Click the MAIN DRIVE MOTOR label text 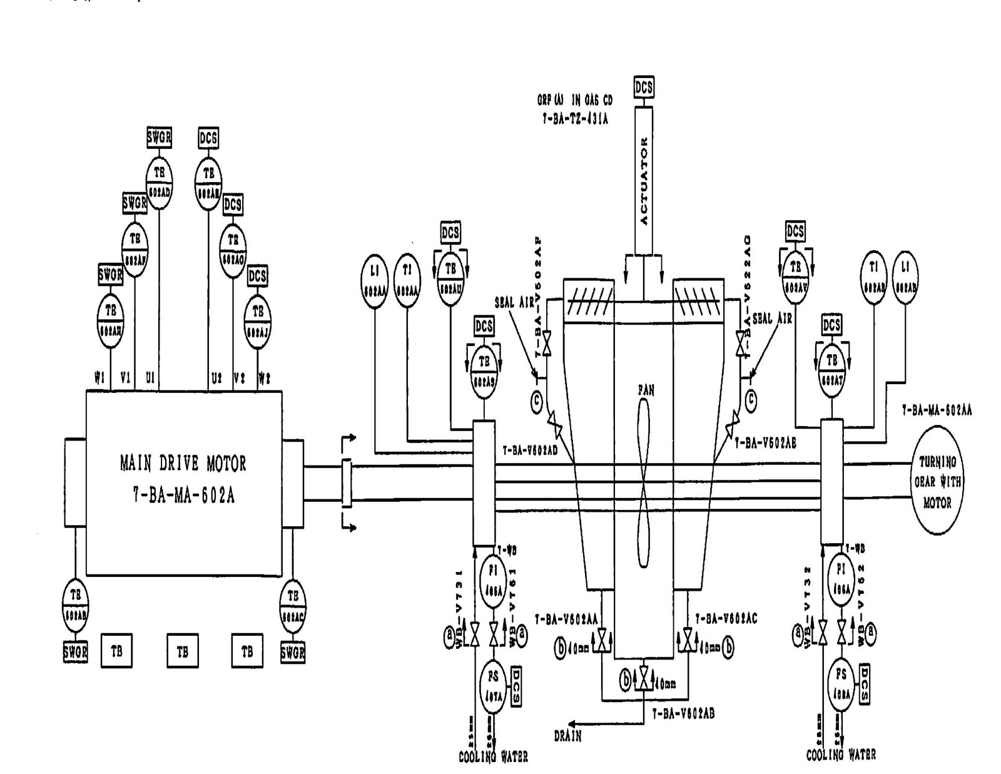coord(183,464)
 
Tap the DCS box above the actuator coord(644,87)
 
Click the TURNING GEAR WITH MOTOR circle coord(937,481)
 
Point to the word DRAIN coord(567,736)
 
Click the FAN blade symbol coord(644,482)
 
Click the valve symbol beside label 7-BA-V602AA coord(602,640)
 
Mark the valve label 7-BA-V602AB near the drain coord(683,713)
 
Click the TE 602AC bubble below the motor coord(292,606)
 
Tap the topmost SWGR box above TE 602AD coord(159,137)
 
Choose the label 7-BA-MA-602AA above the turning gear coord(936,410)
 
